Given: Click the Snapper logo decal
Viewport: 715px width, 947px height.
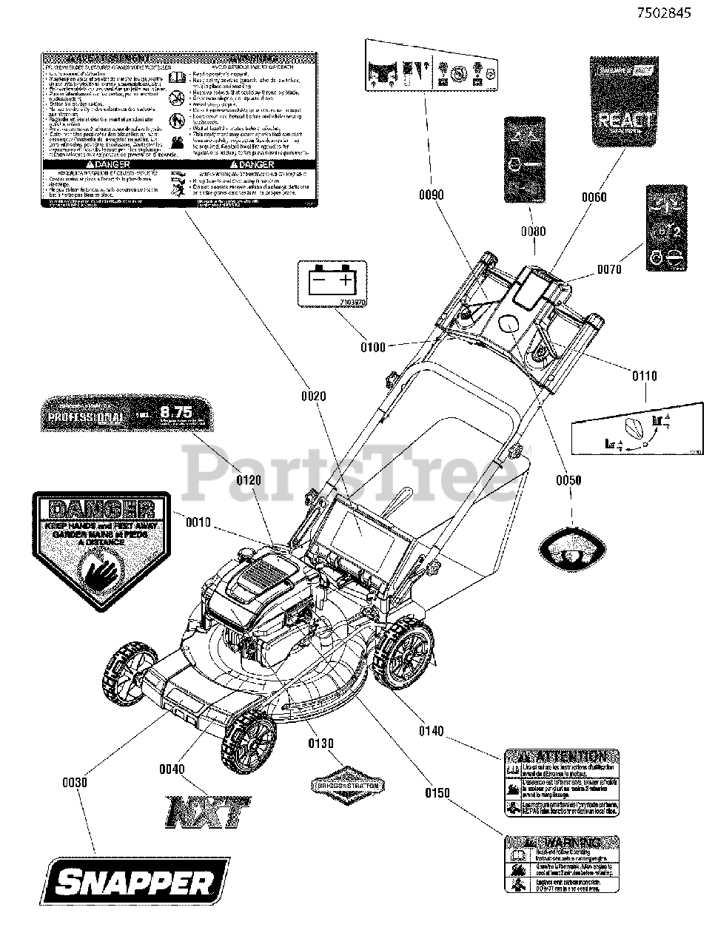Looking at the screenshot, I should coord(138,881).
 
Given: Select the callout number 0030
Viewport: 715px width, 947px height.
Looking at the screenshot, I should coord(76,781).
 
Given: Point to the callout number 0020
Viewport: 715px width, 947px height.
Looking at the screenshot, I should coord(313,397).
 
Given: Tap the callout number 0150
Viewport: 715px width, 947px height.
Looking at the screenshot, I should coord(437,793).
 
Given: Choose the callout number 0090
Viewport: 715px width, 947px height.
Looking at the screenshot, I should coord(431,195).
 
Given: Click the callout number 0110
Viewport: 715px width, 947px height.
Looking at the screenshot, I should coord(644,377).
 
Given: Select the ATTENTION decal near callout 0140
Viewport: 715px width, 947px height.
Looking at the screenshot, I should coord(561,783).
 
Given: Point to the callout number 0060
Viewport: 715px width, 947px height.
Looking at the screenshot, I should coord(594,197).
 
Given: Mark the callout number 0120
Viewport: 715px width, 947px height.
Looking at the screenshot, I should coord(249,480).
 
